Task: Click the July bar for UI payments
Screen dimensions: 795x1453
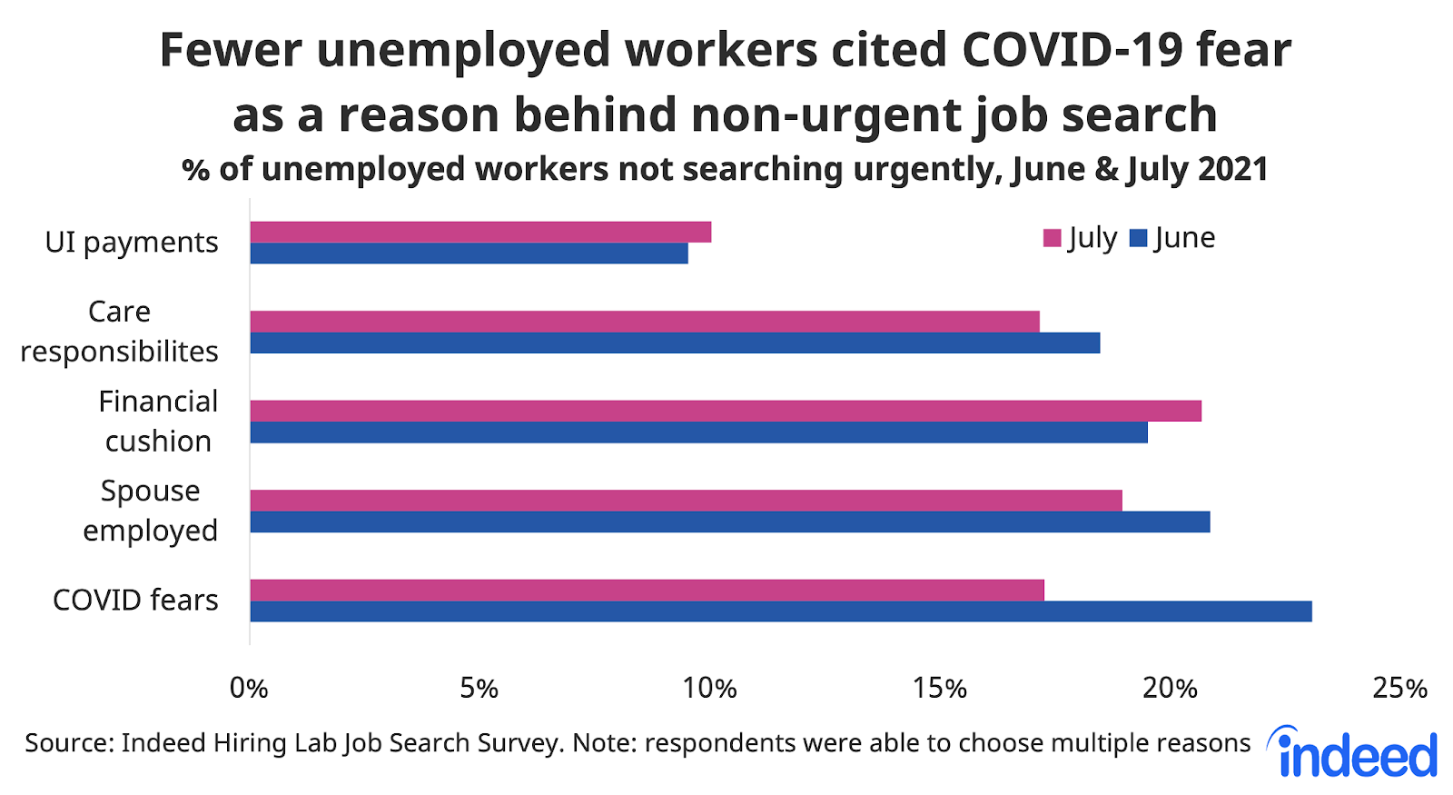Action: pos(480,232)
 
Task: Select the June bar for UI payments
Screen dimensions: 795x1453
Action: pos(469,253)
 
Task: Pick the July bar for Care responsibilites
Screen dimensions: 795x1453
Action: pos(645,322)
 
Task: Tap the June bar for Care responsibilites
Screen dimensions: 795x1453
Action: pos(675,343)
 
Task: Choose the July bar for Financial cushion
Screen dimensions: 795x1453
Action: pos(726,411)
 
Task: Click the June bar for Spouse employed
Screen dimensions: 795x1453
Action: pos(730,522)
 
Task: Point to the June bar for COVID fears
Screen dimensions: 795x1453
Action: pos(781,611)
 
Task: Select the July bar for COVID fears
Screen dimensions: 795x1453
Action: pos(647,590)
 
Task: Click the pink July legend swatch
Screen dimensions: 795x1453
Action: pos(1053,239)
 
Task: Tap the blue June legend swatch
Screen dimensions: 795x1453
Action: pos(1138,239)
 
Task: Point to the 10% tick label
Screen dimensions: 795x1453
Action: pos(709,689)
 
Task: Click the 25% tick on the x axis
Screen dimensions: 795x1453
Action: pos(1399,689)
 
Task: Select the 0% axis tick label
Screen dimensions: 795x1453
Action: pos(249,689)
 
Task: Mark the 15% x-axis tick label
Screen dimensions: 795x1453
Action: pos(940,689)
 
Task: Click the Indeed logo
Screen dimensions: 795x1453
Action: pos(1356,753)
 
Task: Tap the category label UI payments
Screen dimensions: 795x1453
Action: pos(132,243)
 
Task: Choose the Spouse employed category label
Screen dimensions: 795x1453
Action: pos(151,511)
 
